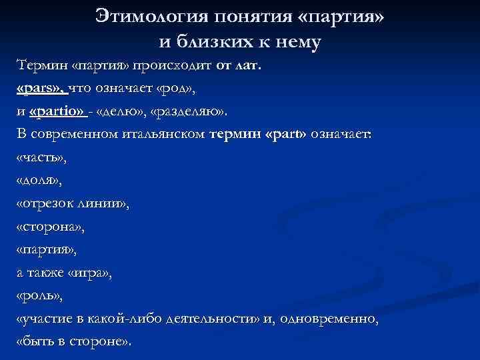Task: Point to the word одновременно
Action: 330,319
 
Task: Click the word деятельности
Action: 223,319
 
